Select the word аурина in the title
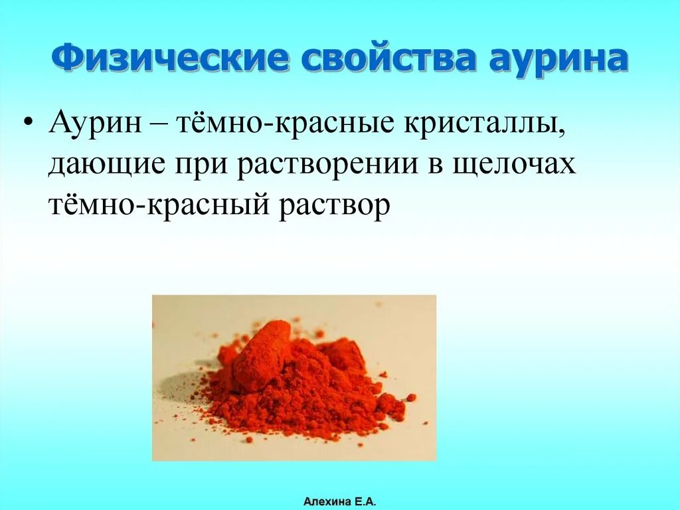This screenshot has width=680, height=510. [558, 59]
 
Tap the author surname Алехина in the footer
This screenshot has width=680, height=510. [325, 501]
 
